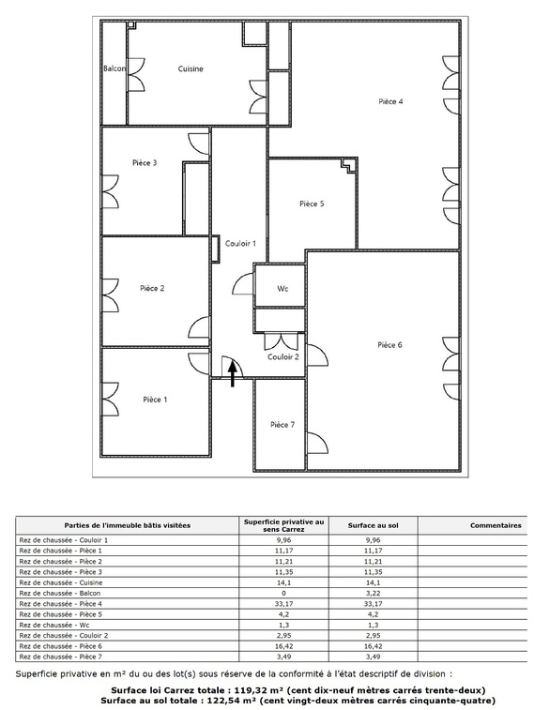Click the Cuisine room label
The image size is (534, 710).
(x=191, y=68)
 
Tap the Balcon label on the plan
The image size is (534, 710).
(x=114, y=68)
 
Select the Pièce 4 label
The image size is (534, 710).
(x=390, y=101)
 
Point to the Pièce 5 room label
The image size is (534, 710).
(x=312, y=204)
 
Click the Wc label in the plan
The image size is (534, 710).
(x=282, y=290)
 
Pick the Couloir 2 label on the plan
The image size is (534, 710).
(x=282, y=356)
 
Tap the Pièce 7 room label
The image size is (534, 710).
(x=282, y=425)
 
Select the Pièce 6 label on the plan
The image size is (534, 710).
(x=389, y=345)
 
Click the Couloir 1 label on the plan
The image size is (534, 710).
(x=241, y=243)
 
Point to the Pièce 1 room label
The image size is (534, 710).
(x=155, y=400)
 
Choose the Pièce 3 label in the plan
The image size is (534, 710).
(x=144, y=162)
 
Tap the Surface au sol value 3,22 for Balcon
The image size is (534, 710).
(x=374, y=594)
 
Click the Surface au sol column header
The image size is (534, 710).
(x=374, y=525)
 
